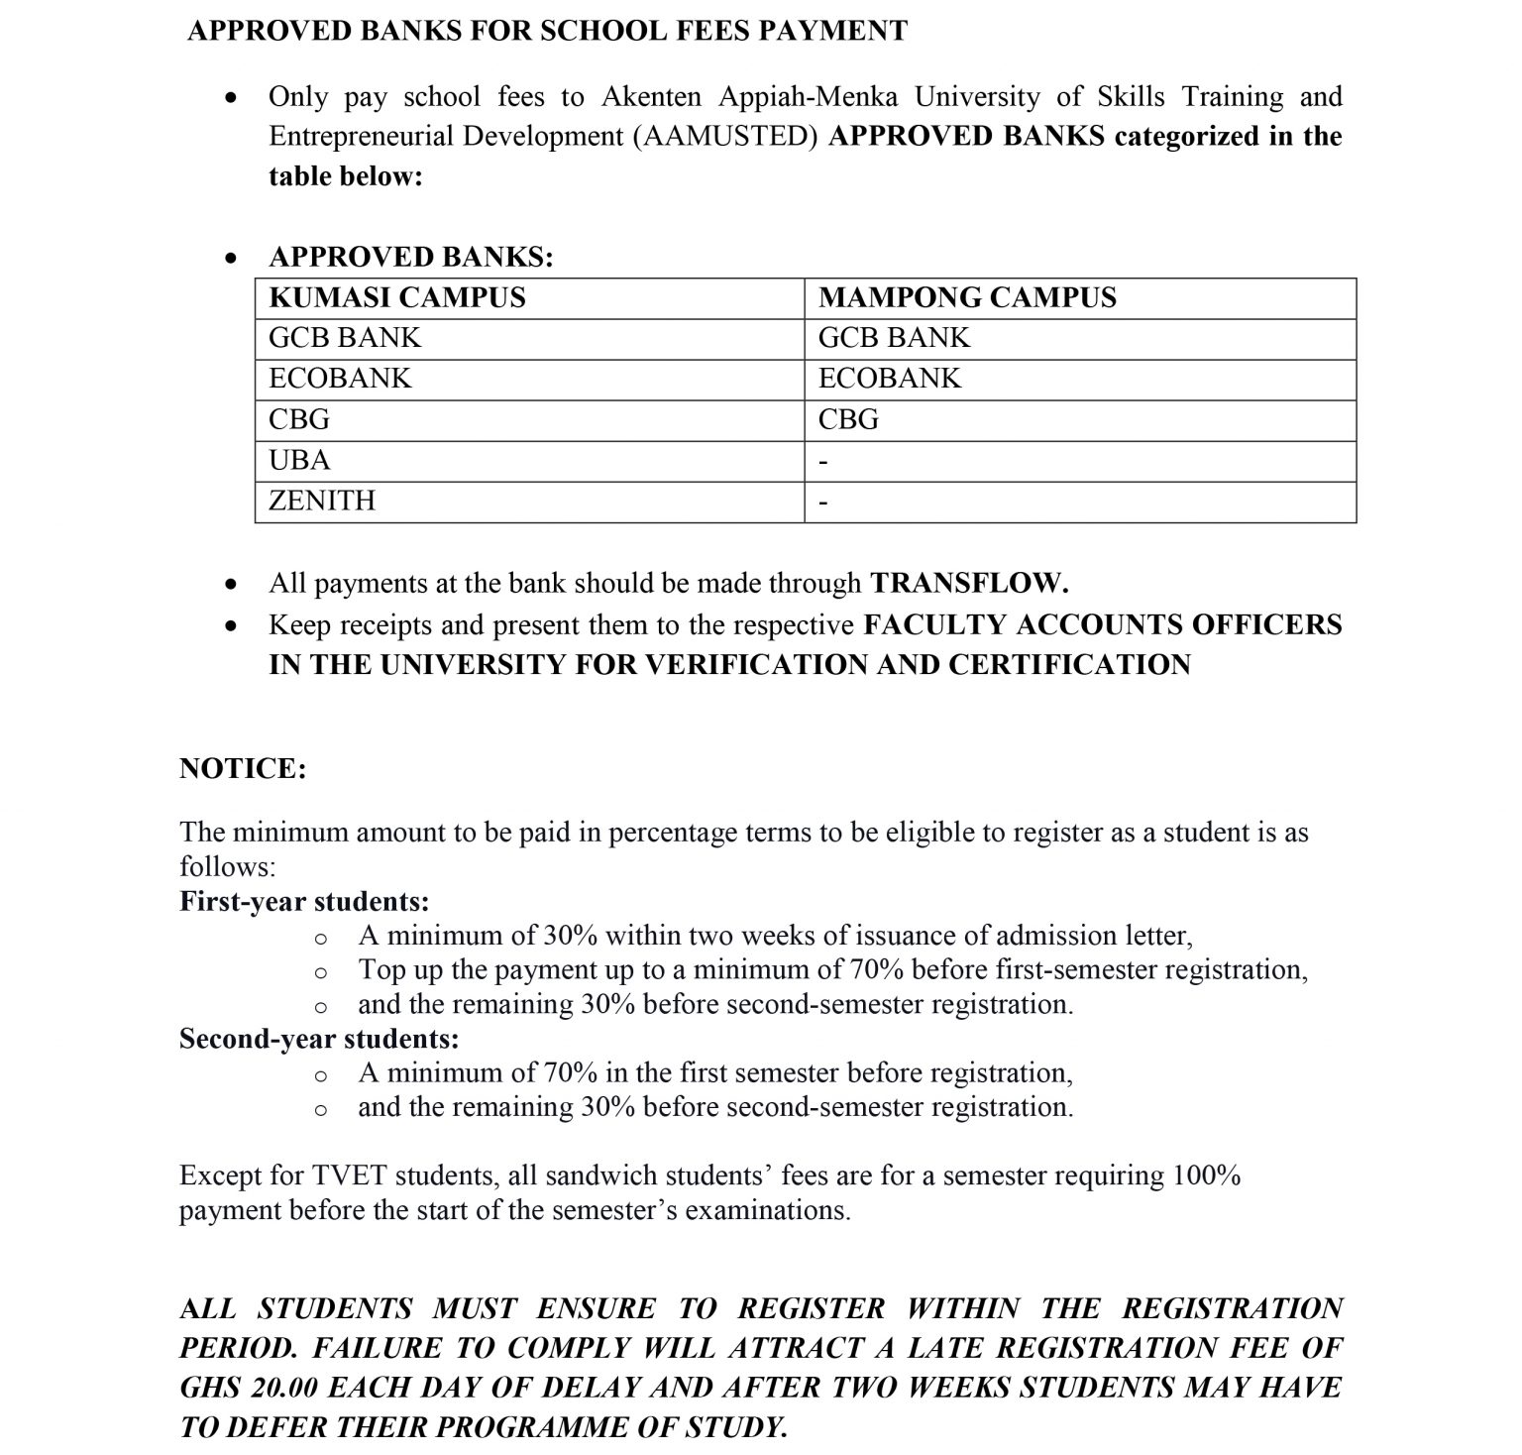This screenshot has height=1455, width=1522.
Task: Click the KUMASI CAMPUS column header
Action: [396, 297]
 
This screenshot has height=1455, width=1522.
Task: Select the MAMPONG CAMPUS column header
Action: [966, 297]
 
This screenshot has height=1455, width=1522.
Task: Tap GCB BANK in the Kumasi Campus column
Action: [344, 338]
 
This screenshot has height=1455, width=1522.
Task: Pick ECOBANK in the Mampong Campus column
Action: [889, 379]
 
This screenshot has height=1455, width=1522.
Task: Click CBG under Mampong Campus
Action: [848, 420]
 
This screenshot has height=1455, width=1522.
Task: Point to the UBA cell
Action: [299, 461]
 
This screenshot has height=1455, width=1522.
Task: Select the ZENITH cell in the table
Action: [322, 501]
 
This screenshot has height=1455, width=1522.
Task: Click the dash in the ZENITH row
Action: [823, 504]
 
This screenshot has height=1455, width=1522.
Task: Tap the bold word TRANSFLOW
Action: [968, 583]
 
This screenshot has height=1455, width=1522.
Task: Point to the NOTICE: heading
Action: [243, 769]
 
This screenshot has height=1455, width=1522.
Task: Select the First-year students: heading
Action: [304, 902]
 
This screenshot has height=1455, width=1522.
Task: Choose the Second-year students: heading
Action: [319, 1039]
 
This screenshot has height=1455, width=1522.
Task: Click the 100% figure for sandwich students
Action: [1206, 1175]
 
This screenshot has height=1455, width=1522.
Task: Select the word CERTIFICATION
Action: [1068, 664]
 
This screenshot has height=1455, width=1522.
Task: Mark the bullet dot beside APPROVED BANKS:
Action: [231, 259]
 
